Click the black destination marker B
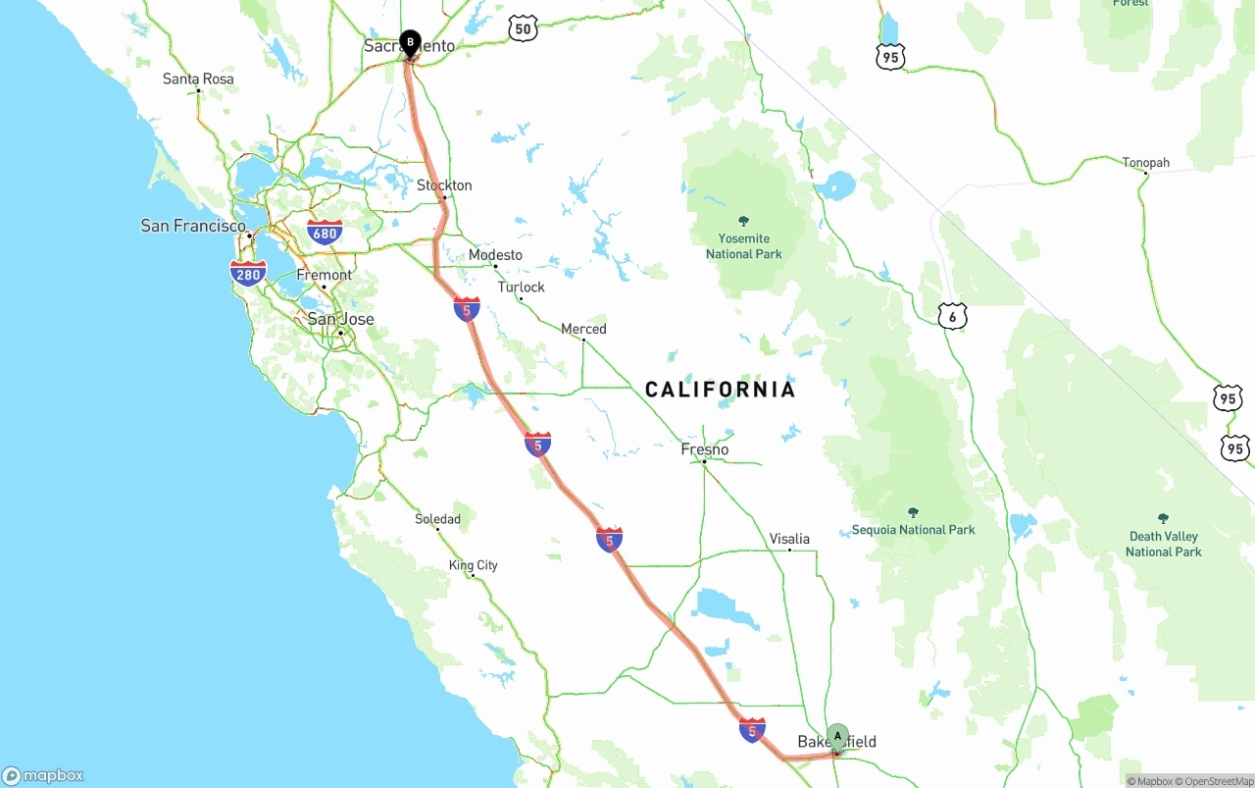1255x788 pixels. (x=410, y=43)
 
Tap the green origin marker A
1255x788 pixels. (x=837, y=737)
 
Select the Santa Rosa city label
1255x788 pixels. (x=198, y=79)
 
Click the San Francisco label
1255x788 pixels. (x=193, y=226)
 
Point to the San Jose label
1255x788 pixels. (x=340, y=319)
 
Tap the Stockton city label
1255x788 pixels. (x=444, y=185)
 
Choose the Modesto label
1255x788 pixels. (x=495, y=255)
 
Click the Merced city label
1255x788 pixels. (x=583, y=329)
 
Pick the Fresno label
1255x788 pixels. (x=705, y=449)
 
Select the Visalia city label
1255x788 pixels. (x=789, y=539)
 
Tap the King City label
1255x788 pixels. (x=474, y=565)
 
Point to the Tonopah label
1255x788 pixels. (x=1146, y=162)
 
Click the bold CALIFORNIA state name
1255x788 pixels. (x=720, y=390)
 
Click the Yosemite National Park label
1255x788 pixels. (x=744, y=246)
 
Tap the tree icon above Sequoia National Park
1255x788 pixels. (x=914, y=512)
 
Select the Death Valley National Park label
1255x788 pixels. (x=1164, y=544)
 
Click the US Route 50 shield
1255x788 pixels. (x=524, y=29)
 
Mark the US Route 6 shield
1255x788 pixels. (x=952, y=316)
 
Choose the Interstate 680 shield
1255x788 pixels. (x=325, y=233)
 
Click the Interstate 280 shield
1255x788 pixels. (x=248, y=274)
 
